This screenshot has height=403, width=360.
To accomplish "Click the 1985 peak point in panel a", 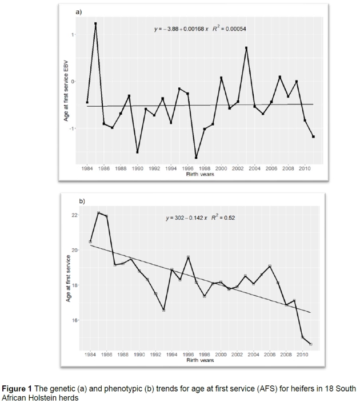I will [x=95, y=23].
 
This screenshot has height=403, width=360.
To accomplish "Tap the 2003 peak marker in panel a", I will [x=246, y=48].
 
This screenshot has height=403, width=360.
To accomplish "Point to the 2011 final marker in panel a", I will [x=313, y=137].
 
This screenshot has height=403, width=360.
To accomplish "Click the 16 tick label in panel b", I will [x=74, y=320].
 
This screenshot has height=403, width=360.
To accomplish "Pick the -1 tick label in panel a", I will [x=73, y=129].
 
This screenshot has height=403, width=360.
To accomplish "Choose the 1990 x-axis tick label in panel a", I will [x=138, y=169].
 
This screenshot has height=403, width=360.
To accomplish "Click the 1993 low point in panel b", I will [x=163, y=311].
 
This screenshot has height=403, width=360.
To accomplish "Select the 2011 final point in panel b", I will [x=311, y=344].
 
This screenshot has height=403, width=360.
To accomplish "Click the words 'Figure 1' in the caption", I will [x=19, y=388].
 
